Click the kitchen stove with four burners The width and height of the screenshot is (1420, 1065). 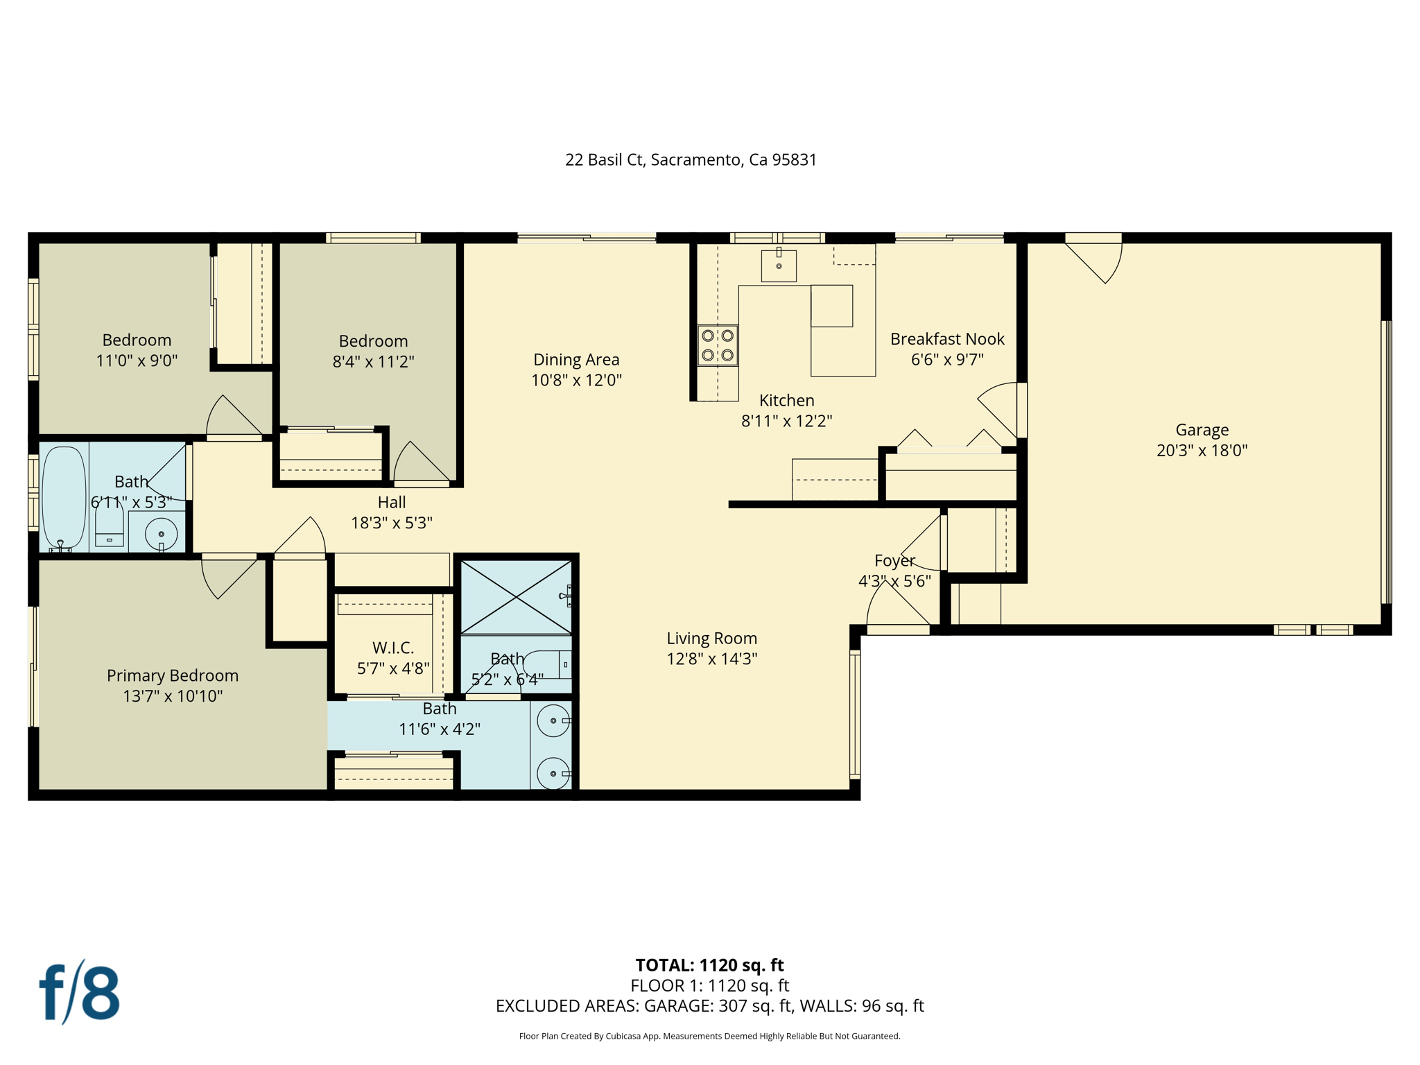[718, 345]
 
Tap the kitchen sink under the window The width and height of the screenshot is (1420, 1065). [779, 266]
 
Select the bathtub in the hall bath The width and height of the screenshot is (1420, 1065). [64, 497]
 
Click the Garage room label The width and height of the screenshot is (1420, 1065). [1202, 430]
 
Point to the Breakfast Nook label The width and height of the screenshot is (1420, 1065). [947, 339]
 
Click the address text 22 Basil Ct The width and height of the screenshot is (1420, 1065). [691, 160]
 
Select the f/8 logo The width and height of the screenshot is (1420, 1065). [79, 993]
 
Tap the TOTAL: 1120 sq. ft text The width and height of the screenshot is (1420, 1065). [709, 964]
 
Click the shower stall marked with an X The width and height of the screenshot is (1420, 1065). [516, 596]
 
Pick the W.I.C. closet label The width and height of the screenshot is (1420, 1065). [393, 648]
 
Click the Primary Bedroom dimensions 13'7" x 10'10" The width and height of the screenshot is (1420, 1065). [173, 695]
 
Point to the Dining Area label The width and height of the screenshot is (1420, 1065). [576, 359]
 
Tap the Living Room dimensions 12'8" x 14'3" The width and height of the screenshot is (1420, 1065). [711, 659]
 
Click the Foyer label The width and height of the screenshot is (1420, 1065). [894, 560]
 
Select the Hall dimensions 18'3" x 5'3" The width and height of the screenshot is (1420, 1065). [392, 523]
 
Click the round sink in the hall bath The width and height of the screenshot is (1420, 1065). [161, 534]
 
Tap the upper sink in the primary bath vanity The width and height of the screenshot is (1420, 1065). [553, 721]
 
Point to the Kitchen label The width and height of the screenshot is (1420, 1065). [786, 400]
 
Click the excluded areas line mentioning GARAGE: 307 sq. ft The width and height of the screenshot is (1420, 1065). [709, 1005]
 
